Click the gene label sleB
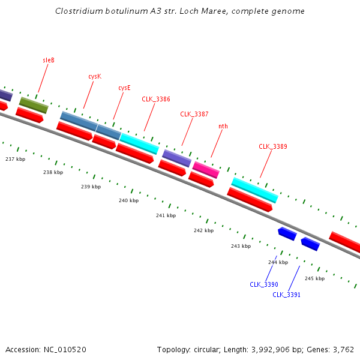click(x=49, y=60)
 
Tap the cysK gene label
click(x=95, y=76)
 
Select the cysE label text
click(x=124, y=88)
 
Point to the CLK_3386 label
click(x=156, y=99)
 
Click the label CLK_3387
click(x=194, y=114)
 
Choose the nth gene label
click(x=223, y=126)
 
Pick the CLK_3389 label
click(x=273, y=146)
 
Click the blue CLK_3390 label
click(x=264, y=284)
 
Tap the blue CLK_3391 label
click(x=286, y=295)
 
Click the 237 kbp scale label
click(x=15, y=159)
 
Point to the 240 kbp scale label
click(x=128, y=200)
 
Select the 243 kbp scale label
click(x=241, y=246)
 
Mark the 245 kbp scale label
click(x=314, y=278)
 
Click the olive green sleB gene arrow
click(x=34, y=105)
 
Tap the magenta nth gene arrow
click(x=206, y=170)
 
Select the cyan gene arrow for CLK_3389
click(x=255, y=190)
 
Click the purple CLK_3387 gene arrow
click(x=176, y=158)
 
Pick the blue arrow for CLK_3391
click(x=310, y=244)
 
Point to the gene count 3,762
click(x=343, y=349)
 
